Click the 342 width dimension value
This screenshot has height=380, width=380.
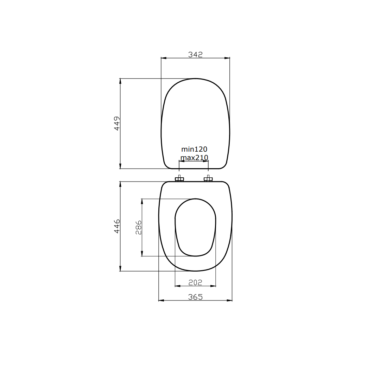[x=195, y=55]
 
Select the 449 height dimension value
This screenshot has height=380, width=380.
[x=117, y=123]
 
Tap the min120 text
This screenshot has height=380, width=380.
[x=194, y=149]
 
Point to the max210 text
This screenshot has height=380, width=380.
[x=194, y=158]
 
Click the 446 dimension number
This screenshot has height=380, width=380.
[x=117, y=226]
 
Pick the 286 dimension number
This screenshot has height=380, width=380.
[x=138, y=227]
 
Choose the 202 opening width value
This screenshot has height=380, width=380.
[x=195, y=282]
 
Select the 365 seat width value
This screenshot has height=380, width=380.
[x=195, y=297]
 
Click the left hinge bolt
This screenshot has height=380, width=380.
[x=179, y=179]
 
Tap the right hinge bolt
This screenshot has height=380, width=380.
[x=208, y=179]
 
